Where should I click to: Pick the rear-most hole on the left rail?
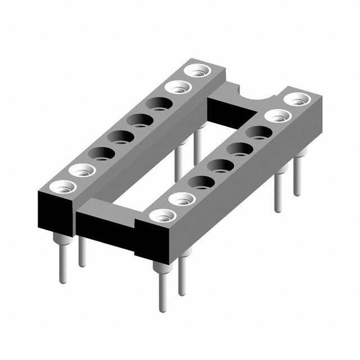[198, 71]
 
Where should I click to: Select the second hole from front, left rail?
[80, 169]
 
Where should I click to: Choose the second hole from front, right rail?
[179, 198]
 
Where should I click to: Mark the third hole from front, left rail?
[100, 152]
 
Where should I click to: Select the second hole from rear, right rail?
[277, 116]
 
